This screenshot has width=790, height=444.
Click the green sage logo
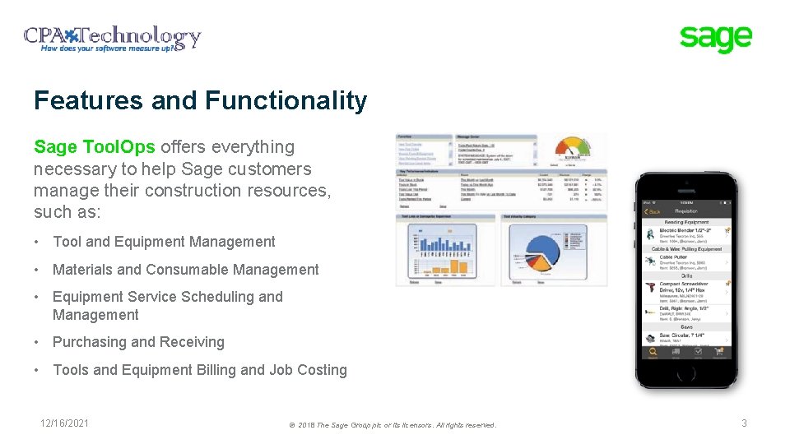pos(715,38)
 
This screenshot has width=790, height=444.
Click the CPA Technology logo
pos(112,38)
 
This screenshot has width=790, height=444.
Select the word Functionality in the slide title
pos(286,101)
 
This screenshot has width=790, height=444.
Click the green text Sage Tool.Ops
pos(94,147)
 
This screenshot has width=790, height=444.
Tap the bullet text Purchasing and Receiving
pos(138,342)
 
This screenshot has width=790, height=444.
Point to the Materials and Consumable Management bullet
pos(185,270)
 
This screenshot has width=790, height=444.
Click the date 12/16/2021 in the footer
pos(65,423)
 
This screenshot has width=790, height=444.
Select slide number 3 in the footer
pos(744,423)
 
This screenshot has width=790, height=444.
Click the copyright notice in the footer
pos(393,425)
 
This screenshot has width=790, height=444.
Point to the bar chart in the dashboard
pos(447,248)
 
